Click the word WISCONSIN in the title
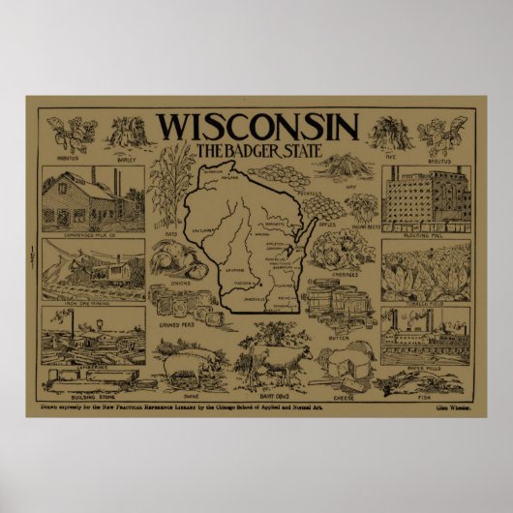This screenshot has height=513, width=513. [x=256, y=128]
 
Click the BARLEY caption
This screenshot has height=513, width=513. [x=122, y=151]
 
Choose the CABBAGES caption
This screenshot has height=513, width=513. [x=345, y=274]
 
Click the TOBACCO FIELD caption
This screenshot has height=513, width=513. [x=426, y=299]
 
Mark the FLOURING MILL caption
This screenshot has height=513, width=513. [x=425, y=232]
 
